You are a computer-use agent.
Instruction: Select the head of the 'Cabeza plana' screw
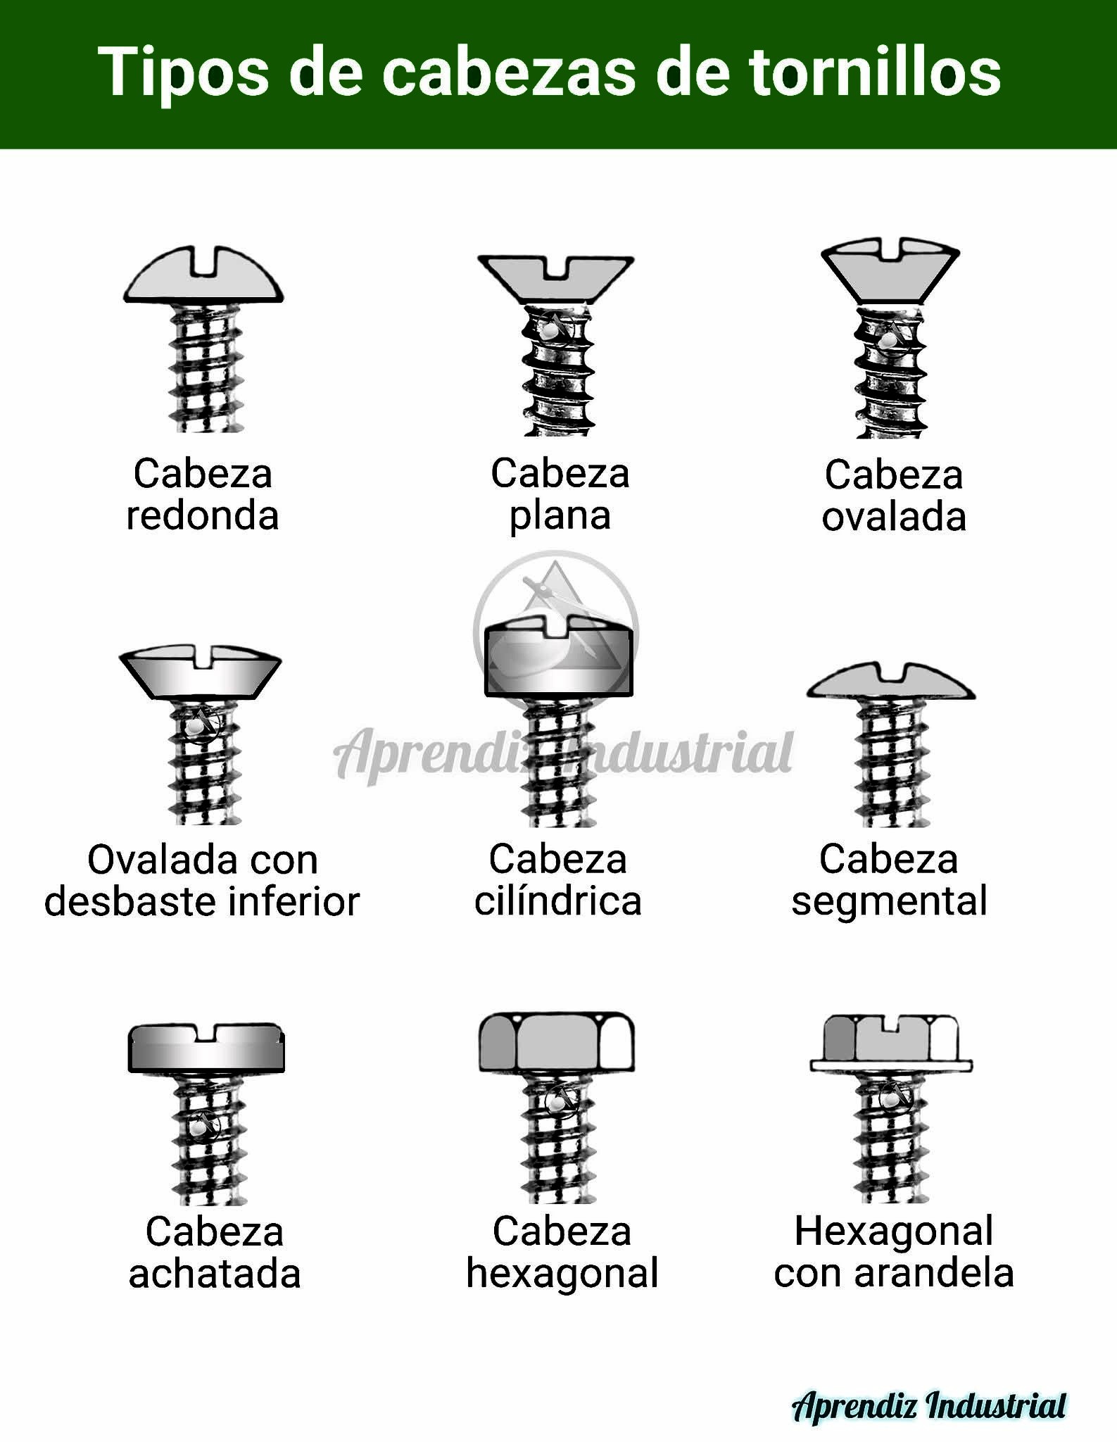pyautogui.click(x=556, y=279)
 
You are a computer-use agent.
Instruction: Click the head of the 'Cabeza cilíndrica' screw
pyautogui.click(x=559, y=655)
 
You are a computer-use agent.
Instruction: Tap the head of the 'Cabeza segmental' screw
pyautogui.click(x=890, y=682)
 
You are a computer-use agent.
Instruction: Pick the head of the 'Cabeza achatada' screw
pyautogui.click(x=206, y=1047)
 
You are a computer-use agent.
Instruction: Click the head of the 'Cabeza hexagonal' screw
pyautogui.click(x=556, y=1043)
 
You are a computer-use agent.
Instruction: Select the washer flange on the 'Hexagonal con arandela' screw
pyautogui.click(x=891, y=1065)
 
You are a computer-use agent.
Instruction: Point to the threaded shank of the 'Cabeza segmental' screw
pyautogui.click(x=891, y=763)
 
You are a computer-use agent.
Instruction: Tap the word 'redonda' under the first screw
pyautogui.click(x=203, y=515)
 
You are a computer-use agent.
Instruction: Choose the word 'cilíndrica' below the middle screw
pyautogui.click(x=558, y=901)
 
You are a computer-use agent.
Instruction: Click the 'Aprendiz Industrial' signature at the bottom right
pyautogui.click(x=930, y=1406)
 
